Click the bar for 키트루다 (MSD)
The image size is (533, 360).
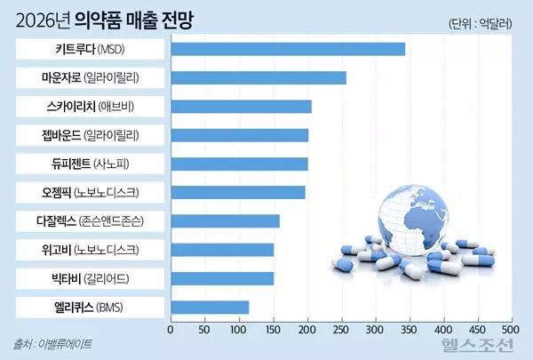pos(288,49)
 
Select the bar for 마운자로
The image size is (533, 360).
pos(258,77)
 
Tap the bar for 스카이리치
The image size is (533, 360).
pos(241,107)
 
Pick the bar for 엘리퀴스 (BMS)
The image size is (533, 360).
pos(210,308)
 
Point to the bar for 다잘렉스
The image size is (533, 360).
pos(225,221)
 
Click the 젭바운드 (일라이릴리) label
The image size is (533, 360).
pos(91,135)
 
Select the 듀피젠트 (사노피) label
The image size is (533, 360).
pos(91,164)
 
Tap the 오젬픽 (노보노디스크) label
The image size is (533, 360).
pos(91,192)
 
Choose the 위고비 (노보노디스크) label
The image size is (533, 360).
pos(91,250)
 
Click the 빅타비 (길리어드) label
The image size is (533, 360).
pos(91,278)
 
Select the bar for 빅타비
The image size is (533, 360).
pos(222,278)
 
